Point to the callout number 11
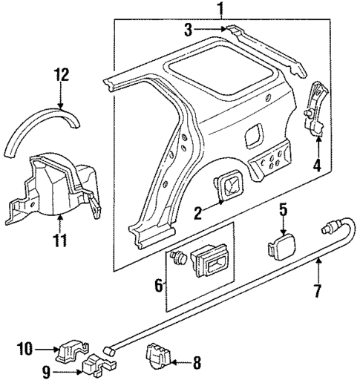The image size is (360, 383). tap(60, 239)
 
